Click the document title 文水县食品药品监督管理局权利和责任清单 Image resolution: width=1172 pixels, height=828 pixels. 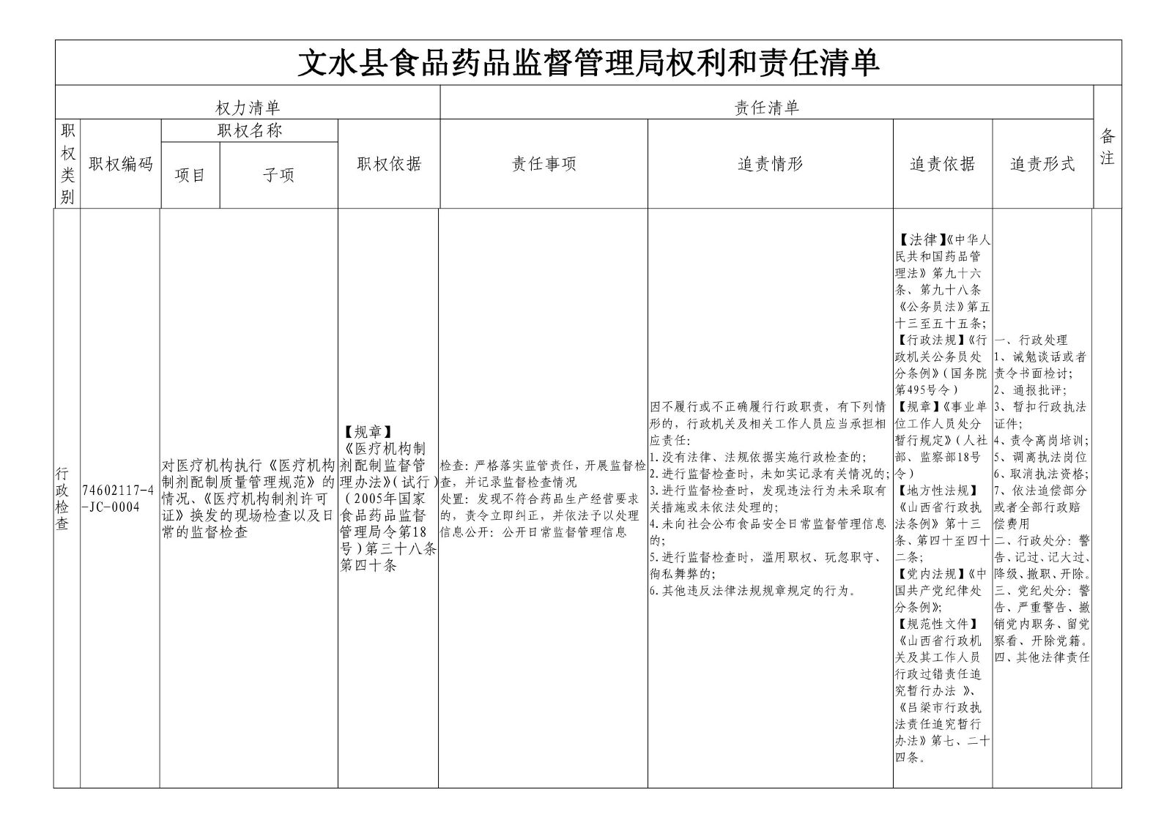587,64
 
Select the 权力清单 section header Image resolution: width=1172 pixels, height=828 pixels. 248,108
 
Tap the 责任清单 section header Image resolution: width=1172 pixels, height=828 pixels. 766,108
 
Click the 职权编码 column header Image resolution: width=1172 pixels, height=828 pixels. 121,164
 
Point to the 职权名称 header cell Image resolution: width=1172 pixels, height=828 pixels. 249,131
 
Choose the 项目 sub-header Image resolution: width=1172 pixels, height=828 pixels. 190,176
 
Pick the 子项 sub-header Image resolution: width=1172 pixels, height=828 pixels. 278,176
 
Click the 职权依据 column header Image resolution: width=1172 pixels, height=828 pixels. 389,164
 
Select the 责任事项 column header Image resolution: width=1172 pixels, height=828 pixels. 544,164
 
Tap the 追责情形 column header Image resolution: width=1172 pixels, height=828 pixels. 770,164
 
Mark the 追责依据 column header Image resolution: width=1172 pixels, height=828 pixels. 943,164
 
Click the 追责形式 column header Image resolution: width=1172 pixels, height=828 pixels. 1042,164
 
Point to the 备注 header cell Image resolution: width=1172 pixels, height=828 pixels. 1107,146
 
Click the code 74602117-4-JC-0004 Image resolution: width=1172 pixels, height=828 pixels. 119,499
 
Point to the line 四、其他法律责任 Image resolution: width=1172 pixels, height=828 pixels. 1042,657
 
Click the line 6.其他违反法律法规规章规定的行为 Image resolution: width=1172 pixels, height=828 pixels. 752,591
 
